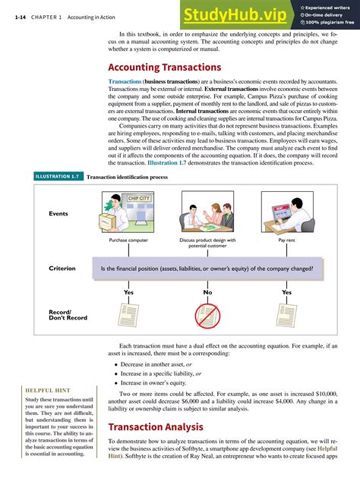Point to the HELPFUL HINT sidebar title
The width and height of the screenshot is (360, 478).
tap(47, 392)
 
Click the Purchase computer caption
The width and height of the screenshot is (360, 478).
tap(128, 241)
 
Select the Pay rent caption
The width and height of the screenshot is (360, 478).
tap(286, 241)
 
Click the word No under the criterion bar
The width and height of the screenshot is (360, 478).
tap(207, 292)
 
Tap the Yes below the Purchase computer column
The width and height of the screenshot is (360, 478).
tap(128, 292)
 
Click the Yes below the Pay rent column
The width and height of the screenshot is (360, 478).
tap(286, 292)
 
